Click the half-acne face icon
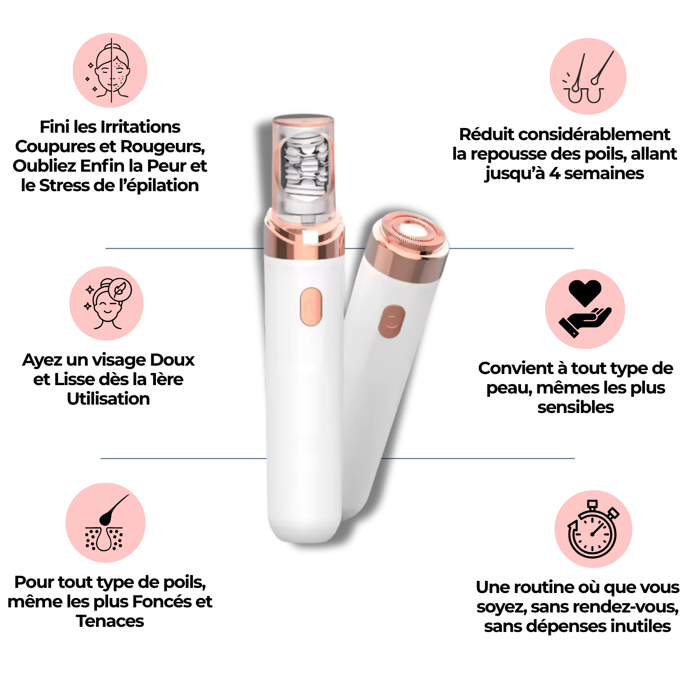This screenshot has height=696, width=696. [110, 71]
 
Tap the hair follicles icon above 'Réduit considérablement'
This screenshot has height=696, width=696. [588, 77]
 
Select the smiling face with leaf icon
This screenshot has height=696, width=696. [107, 303]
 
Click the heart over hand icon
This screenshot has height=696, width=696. [585, 309]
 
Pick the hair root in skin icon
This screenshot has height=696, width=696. [106, 523]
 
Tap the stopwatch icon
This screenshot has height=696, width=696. [593, 529]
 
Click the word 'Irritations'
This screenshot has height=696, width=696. [140, 127]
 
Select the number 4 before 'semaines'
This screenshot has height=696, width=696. [554, 174]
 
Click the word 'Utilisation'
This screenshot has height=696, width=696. [109, 399]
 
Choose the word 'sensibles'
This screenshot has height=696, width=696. [576, 407]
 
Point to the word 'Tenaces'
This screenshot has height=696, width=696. [110, 621]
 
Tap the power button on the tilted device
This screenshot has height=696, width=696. [392, 321]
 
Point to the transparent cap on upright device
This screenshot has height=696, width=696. [304, 165]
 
